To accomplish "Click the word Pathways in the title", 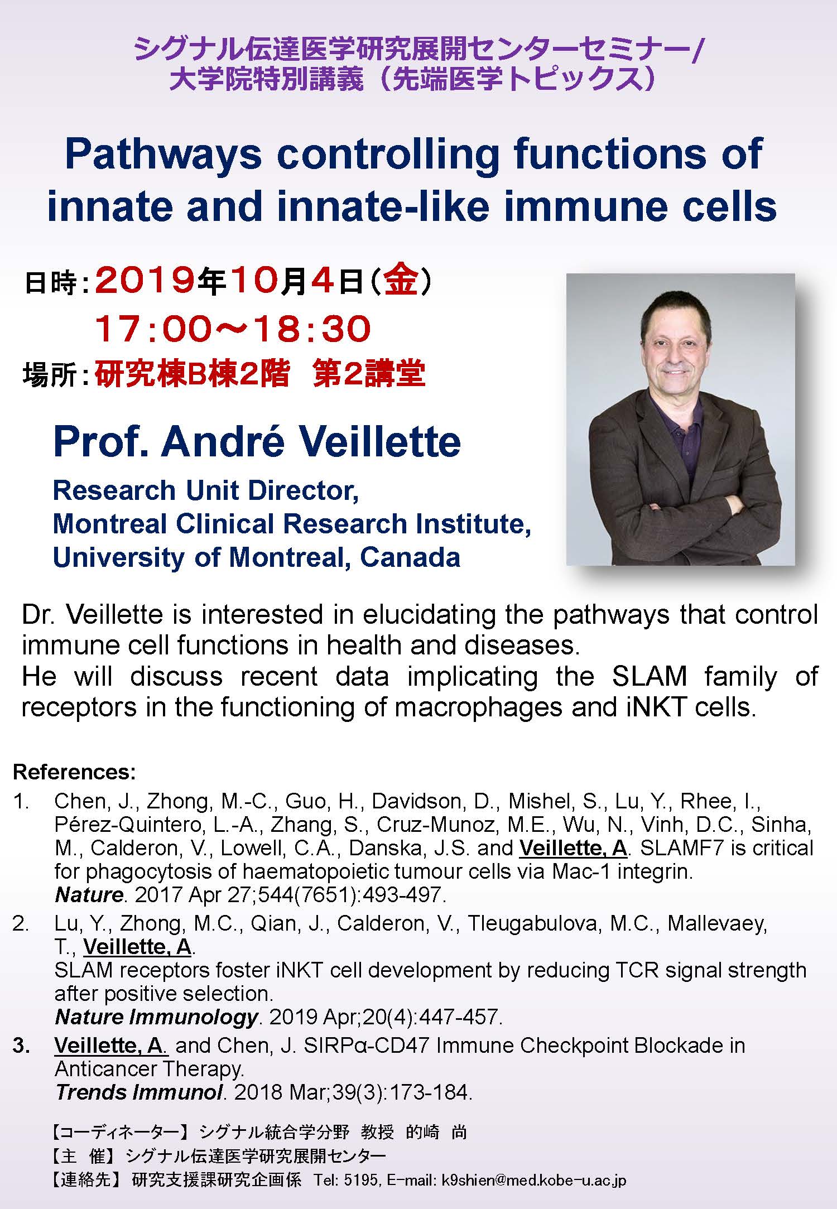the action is point(163,155).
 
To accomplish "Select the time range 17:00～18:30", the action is point(232,329).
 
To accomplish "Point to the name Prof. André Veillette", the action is point(257,442).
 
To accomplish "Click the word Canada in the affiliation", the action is point(410,557).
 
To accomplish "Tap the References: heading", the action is point(74,772).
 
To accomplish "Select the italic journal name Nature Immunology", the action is point(156,1017).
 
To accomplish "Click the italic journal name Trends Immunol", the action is point(139,1092).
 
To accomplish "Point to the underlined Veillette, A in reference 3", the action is point(110,1046).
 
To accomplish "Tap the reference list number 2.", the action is point(21,923).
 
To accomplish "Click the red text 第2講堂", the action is point(369,374).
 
